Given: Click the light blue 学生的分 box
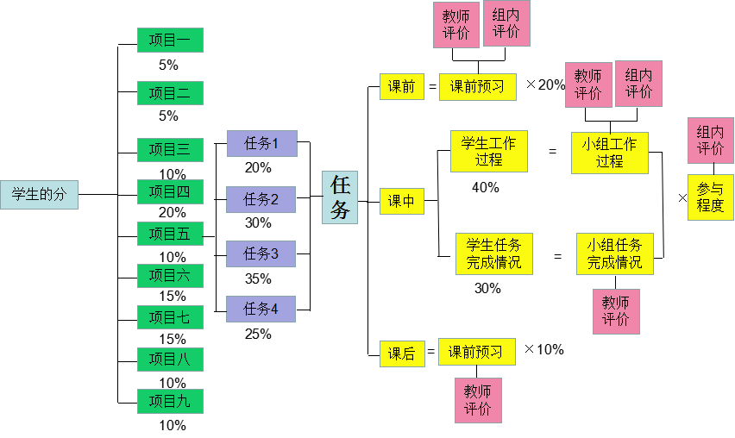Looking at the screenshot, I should [39, 195].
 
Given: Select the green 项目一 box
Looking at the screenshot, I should [170, 41].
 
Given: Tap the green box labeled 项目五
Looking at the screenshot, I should [170, 234].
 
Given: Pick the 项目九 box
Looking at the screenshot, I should [170, 401].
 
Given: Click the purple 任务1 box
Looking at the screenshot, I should [261, 144].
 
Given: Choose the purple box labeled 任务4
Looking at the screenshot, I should [261, 309].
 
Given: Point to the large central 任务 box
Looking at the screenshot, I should [340, 197].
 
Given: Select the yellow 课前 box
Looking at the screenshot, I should [402, 87].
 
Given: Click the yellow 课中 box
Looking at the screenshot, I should [402, 202].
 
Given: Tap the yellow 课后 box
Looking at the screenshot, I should [402, 353].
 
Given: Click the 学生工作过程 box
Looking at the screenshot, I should [488, 152].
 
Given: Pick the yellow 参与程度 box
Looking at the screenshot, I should [710, 197].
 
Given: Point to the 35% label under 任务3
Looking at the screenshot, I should [258, 278].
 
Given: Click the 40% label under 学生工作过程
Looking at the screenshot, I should [486, 187].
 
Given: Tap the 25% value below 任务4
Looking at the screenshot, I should [258, 334].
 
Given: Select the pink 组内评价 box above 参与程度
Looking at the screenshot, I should [710, 141].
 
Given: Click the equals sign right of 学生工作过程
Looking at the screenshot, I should [552, 152].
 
